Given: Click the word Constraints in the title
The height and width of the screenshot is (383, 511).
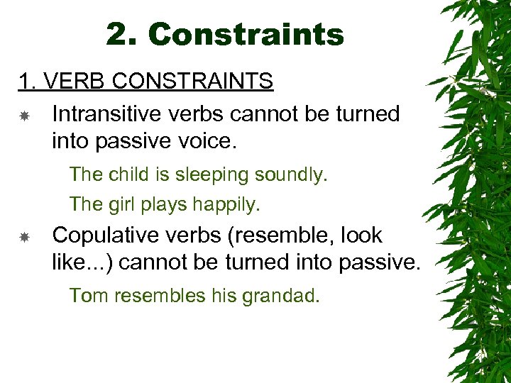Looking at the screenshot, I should (246, 34).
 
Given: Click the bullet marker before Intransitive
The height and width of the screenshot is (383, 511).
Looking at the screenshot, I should (23, 115).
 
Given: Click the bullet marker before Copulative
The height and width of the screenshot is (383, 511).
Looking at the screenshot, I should (23, 236).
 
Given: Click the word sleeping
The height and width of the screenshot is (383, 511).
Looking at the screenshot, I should (207, 174).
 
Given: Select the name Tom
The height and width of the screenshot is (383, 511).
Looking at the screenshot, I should (87, 295).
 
